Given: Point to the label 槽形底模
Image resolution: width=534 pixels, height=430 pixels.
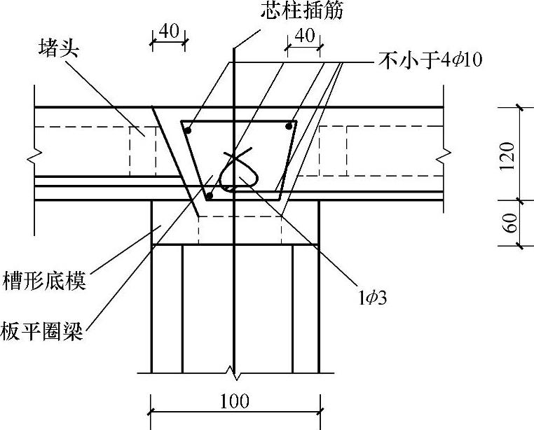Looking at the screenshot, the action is click(43, 282).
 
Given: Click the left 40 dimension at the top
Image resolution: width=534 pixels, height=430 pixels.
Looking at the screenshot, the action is click(168, 33).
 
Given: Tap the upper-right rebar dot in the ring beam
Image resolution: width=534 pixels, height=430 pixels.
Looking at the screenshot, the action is click(288, 126).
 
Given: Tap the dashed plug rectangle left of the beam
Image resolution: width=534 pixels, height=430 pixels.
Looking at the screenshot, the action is click(143, 151).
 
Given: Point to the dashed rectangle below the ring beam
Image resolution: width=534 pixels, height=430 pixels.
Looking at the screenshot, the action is click(240, 230).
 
